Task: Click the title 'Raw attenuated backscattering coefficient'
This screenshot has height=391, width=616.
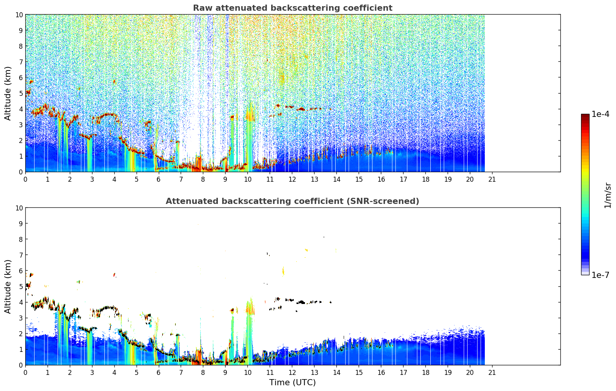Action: click(x=292, y=8)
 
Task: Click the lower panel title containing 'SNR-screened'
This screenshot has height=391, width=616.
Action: click(x=292, y=201)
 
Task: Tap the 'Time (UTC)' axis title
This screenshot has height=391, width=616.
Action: click(x=292, y=383)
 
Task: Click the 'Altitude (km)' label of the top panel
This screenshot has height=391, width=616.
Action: click(x=8, y=93)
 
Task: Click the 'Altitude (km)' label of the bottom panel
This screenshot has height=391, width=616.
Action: click(x=8, y=286)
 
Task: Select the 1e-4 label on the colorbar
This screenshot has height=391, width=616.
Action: click(x=600, y=114)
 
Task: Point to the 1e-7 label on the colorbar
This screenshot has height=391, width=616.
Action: click(x=600, y=275)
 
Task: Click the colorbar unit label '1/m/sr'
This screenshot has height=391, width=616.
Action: click(x=607, y=195)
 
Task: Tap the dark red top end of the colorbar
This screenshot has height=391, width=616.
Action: click(x=585, y=116)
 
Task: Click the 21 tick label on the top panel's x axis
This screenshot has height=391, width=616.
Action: click(x=492, y=179)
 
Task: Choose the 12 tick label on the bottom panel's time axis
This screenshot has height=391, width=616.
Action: click(x=292, y=372)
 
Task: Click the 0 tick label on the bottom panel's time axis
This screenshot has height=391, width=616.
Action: click(x=26, y=372)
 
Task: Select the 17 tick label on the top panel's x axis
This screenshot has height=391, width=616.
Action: click(x=403, y=179)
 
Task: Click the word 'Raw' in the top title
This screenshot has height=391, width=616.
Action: click(x=201, y=8)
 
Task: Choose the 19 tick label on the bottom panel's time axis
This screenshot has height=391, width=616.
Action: click(x=448, y=372)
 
